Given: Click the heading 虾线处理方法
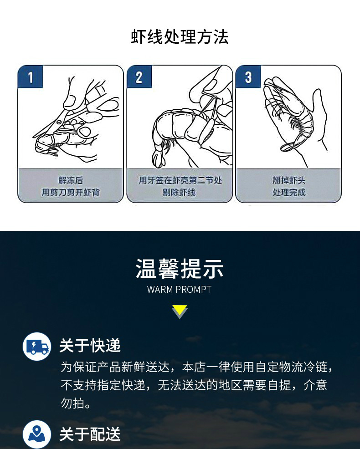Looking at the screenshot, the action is (180, 37).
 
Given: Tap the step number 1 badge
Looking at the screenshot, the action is (31, 77).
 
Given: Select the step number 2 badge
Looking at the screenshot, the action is (139, 77).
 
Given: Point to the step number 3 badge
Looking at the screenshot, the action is (248, 77).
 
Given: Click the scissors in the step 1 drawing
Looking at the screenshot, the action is (77, 115).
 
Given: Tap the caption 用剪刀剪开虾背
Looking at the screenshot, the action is (71, 192).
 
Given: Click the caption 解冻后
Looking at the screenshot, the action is (71, 180).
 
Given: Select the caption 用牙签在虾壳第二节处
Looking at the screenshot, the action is (180, 180).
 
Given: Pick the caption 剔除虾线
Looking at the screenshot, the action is (179, 192).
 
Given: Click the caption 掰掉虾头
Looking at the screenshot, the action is (288, 180).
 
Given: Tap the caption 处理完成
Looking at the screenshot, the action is (288, 192).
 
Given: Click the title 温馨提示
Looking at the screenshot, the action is (180, 269).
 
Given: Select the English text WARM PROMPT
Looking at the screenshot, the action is (180, 290).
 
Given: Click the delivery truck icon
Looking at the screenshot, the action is (37, 347).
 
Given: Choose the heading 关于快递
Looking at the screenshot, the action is (90, 345).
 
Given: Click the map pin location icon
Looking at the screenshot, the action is (37, 434).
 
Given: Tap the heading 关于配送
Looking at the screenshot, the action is (90, 434).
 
